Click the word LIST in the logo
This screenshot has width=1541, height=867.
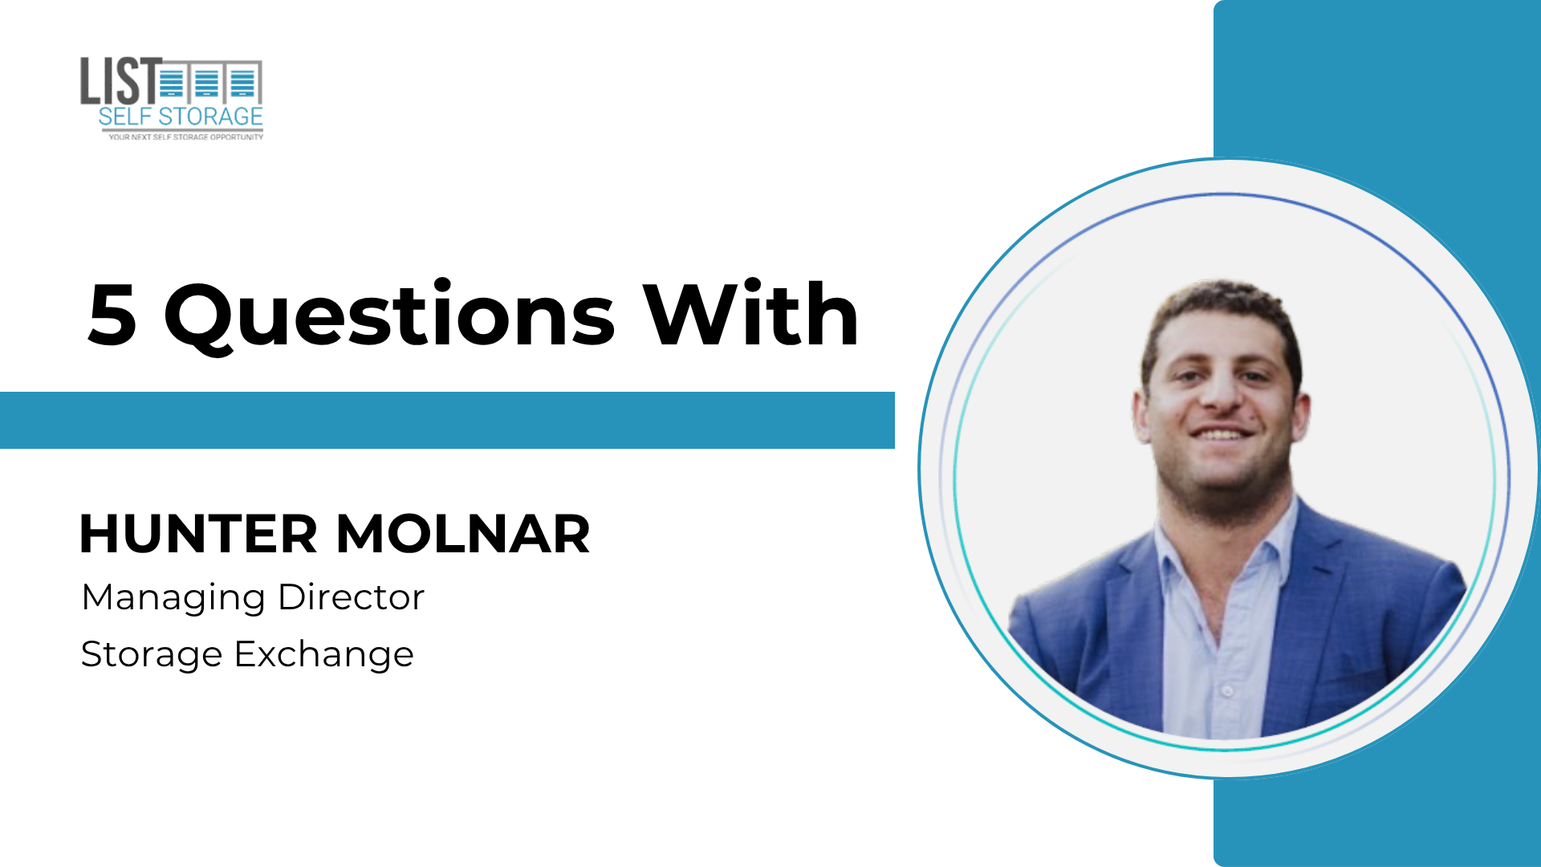pyautogui.click(x=121, y=80)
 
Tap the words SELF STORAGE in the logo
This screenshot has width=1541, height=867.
pyautogui.click(x=181, y=116)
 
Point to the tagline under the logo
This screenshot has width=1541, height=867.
pyautogui.click(x=185, y=137)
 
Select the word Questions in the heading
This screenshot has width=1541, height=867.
pyautogui.click(x=390, y=316)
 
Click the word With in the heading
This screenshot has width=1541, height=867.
pyautogui.click(x=750, y=313)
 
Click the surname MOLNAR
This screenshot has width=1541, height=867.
pyautogui.click(x=463, y=534)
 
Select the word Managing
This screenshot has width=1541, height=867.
pyautogui.click(x=173, y=599)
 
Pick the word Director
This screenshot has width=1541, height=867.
pyautogui.click(x=351, y=596)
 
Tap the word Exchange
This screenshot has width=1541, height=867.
pyautogui.click(x=324, y=655)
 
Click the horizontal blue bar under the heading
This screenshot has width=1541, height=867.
pyautogui.click(x=447, y=420)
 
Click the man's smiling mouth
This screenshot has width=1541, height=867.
pyautogui.click(x=1221, y=433)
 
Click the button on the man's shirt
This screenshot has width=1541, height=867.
pyautogui.click(x=1226, y=690)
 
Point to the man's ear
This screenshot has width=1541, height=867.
pyautogui.click(x=1140, y=413)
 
